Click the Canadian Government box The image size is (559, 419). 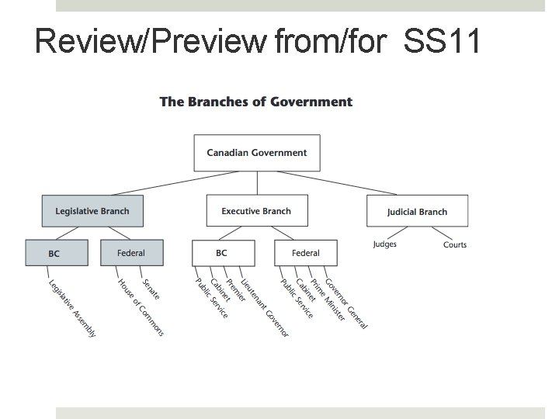256,153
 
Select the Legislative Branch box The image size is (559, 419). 92,210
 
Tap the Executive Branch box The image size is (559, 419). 256,211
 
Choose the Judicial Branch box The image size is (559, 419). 417,211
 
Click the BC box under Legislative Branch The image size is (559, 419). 54,253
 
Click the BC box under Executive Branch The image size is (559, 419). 222,253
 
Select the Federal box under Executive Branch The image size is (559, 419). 306,253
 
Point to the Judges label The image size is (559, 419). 384,244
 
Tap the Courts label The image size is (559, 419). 455,244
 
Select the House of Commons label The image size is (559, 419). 141,307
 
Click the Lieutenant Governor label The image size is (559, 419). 264,307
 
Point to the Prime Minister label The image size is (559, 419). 327,300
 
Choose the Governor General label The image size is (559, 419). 345,303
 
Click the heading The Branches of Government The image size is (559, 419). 256,102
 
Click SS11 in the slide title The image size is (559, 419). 442,41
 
